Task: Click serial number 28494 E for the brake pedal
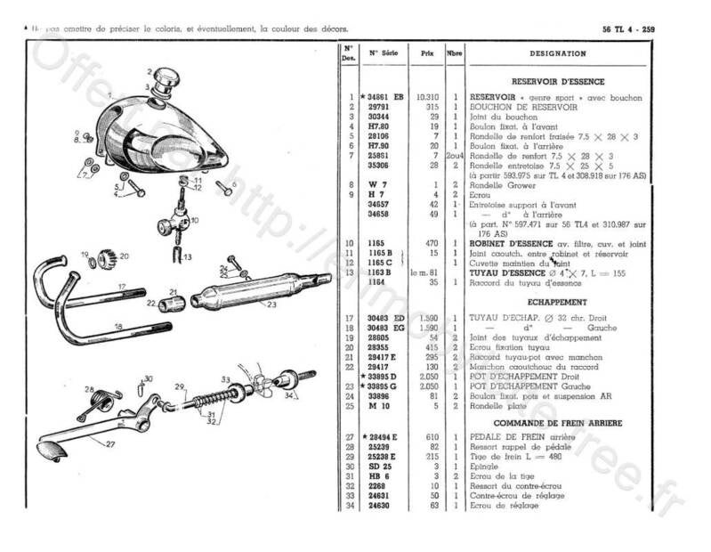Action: pos(385,437)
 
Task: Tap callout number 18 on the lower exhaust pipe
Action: pos(143,328)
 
